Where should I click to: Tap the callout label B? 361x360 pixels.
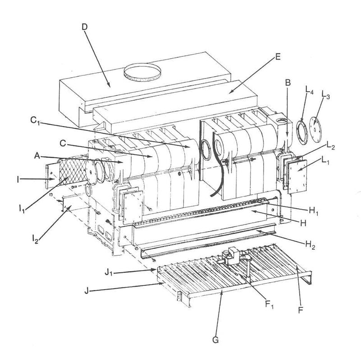click(287, 82)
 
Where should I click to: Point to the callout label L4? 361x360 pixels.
click(308, 93)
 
